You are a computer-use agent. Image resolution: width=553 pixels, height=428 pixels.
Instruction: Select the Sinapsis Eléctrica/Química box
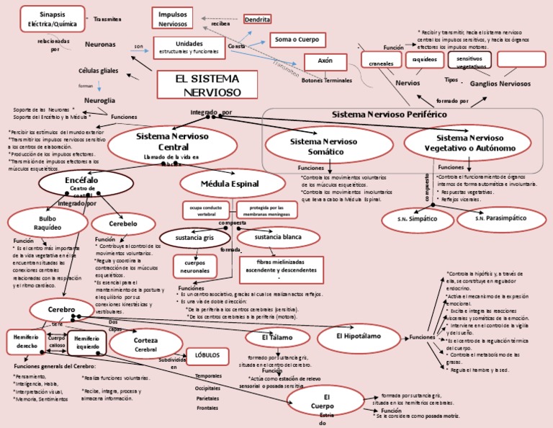click(x=50, y=18)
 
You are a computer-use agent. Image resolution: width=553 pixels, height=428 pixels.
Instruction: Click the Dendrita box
click(x=257, y=19)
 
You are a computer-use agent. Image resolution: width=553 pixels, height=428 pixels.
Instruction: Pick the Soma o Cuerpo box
click(x=297, y=40)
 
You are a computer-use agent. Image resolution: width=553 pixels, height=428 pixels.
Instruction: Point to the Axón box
click(x=325, y=62)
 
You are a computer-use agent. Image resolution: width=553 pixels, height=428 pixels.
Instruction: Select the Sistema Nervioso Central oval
click(x=173, y=143)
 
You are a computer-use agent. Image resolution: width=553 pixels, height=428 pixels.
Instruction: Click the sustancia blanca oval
click(x=277, y=237)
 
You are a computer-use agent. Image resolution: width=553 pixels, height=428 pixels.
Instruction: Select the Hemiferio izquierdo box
click(x=86, y=342)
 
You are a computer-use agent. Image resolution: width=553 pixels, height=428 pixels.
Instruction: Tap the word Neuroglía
click(x=99, y=100)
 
